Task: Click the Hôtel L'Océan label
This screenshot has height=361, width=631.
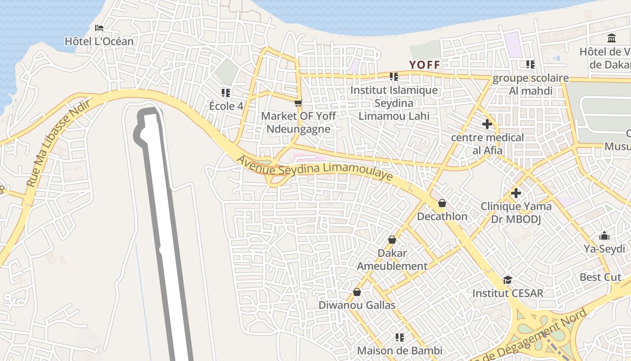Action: (x=99, y=42)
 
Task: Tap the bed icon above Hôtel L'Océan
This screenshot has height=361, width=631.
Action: (x=99, y=28)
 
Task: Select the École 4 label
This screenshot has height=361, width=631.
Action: (x=229, y=106)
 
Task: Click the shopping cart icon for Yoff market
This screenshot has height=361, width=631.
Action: (x=298, y=103)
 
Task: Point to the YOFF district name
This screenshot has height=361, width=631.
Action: (x=425, y=65)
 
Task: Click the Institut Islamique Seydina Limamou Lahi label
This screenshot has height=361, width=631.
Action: (x=394, y=103)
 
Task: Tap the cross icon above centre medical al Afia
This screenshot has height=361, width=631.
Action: (x=487, y=124)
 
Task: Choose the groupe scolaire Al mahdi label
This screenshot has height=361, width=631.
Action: (x=530, y=84)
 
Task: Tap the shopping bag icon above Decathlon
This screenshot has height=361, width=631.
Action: (x=442, y=203)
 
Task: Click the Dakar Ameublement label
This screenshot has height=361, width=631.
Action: (x=392, y=259)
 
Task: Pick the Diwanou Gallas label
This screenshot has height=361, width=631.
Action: (x=357, y=305)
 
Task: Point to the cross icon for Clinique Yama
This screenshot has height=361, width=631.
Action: (x=516, y=194)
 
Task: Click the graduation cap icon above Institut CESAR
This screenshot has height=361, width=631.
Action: (x=508, y=280)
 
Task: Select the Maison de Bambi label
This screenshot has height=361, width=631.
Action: (x=399, y=350)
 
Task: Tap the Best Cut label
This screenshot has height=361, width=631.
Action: (x=600, y=277)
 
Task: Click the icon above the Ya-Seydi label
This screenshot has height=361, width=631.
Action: (x=604, y=236)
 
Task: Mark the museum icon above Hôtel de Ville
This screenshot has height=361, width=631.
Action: (x=612, y=38)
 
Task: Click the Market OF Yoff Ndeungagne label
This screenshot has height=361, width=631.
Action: (x=298, y=122)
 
